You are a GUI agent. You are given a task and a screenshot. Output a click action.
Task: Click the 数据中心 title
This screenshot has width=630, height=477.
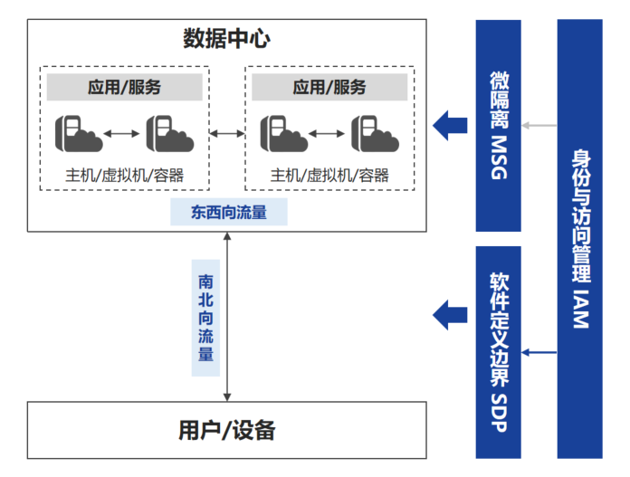tap(226, 39)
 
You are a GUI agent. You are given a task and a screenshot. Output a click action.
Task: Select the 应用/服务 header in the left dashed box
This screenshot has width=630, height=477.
tap(125, 87)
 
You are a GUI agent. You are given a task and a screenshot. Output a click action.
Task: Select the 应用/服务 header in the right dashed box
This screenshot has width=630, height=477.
tap(329, 87)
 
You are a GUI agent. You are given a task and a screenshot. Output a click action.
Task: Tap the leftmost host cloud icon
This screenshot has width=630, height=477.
tap(75, 133)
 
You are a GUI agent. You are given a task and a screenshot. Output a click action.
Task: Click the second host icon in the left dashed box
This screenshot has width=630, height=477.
tap(169, 133)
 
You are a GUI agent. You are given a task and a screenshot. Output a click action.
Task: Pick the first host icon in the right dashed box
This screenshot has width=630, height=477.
tap(281, 133)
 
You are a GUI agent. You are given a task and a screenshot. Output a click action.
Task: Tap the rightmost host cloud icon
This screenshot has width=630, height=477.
tap(374, 133)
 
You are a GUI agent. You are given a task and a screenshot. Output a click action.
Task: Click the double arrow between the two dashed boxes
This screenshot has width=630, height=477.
tap(227, 134)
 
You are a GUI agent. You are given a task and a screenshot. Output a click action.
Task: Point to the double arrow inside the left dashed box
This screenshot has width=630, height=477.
tap(121, 134)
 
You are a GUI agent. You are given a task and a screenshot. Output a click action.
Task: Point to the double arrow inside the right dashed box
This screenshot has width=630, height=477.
tap(327, 134)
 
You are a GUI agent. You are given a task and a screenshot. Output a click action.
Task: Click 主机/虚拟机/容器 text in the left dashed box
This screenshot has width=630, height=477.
tap(125, 175)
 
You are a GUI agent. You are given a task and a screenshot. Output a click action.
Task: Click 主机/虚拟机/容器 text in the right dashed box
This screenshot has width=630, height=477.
tap(329, 175)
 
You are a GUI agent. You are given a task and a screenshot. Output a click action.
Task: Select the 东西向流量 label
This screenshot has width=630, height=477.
tap(228, 212)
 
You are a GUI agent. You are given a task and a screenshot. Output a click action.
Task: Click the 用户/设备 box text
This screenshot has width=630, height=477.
tap(226, 430)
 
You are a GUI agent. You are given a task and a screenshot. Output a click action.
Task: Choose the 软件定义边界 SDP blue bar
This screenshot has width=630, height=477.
tap(498, 351)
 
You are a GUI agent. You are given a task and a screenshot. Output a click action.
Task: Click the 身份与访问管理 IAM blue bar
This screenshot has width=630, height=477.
tap(580, 238)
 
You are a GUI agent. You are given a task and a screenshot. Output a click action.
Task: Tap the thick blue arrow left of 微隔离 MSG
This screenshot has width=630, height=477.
tap(449, 124)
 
